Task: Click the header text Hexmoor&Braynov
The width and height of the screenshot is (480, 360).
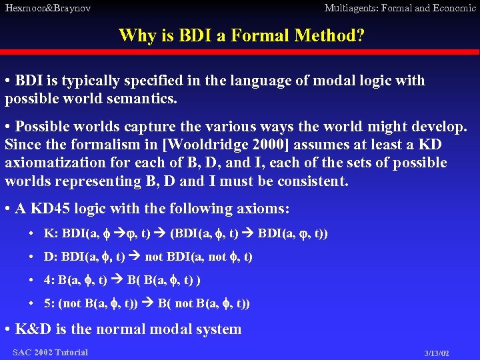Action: [x=47, y=8]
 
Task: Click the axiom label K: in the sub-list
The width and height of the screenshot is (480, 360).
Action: [x=51, y=233]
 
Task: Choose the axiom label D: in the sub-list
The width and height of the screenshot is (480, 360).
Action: [x=51, y=257]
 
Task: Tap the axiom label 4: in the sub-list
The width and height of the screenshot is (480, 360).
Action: [x=50, y=280]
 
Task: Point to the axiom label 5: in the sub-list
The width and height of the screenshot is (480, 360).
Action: [x=50, y=303]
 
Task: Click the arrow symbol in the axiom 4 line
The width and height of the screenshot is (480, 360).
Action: [x=118, y=280]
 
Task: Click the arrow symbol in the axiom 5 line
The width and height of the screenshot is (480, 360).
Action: [x=149, y=303]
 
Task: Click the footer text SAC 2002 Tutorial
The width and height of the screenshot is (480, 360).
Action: [x=50, y=352]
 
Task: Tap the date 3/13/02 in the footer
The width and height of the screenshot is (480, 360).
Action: [x=437, y=353]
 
